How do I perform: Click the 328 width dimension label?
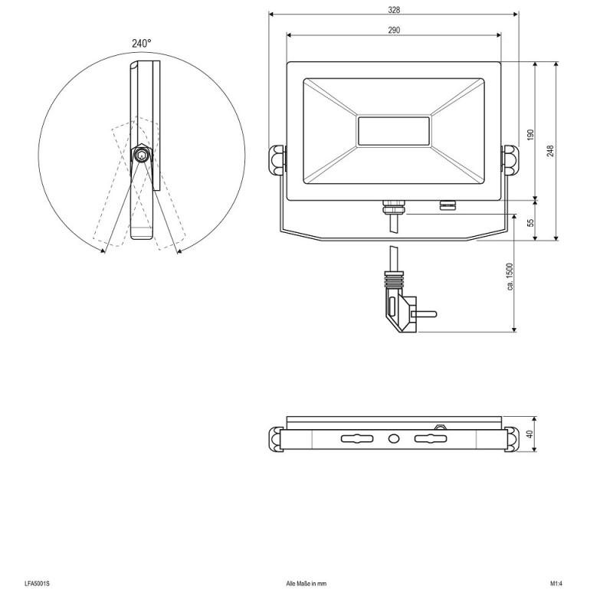pos(394,10)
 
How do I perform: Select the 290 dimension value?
pos(394,30)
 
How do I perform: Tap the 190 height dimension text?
pos(530,135)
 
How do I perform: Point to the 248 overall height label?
pos(550,150)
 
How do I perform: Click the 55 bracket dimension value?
pos(530,222)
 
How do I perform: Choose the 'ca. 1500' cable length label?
pos(510,277)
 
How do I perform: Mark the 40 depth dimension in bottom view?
pos(530,434)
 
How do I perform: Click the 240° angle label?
pos(141,44)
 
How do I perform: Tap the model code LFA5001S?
pos(37,584)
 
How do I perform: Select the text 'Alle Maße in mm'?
pos(306,584)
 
